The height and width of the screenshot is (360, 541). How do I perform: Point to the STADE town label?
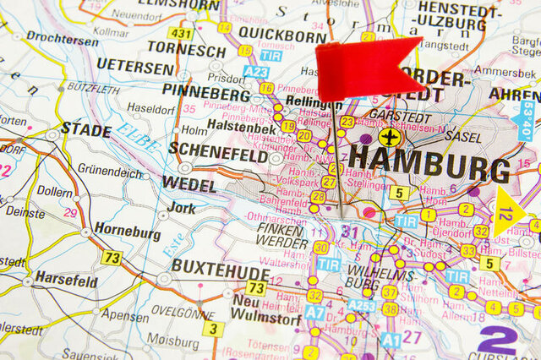point(85,131)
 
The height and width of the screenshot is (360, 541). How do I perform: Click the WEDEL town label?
point(189,183)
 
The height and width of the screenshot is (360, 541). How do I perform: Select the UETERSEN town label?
point(135,65)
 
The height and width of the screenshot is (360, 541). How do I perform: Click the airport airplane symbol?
point(389,136)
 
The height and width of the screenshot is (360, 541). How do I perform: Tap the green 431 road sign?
point(179,33)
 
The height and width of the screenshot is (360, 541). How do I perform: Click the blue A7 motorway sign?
point(314,313)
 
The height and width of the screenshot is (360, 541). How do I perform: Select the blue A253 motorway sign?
point(361,306)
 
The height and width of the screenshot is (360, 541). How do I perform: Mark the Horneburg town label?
point(127,230)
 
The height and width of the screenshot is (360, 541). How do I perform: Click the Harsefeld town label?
point(66,280)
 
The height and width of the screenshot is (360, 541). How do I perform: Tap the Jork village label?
point(182,207)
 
